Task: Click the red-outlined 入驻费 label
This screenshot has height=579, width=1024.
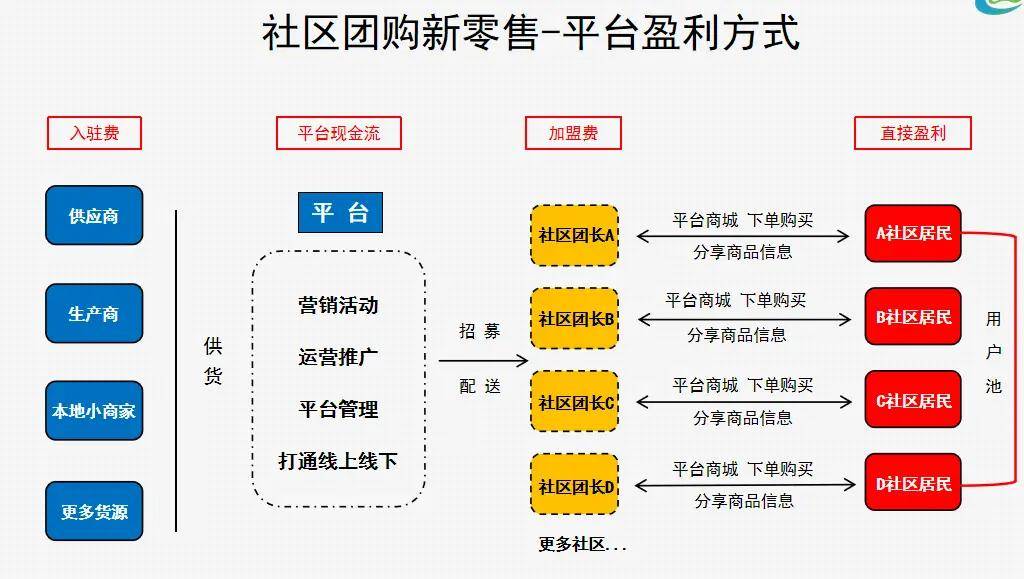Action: coord(94,133)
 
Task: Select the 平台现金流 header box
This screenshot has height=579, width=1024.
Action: coord(339,133)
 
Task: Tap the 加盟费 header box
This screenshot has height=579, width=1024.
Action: coord(573,133)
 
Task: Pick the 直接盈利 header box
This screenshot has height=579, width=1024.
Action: coord(912,133)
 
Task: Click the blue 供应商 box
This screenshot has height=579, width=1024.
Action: coord(94,215)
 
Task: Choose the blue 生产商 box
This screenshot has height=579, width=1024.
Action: coord(94,313)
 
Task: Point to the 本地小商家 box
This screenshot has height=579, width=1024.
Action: coord(94,410)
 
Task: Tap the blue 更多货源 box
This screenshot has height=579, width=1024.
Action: coord(94,511)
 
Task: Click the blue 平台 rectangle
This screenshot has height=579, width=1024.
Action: coord(340,212)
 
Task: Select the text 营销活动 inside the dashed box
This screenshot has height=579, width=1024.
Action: coord(338,305)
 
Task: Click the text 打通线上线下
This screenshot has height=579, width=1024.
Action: coord(338,461)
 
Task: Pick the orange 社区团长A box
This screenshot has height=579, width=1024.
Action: coord(575,235)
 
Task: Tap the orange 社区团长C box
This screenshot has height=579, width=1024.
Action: coord(575,402)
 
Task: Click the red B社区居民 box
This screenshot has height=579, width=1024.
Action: coord(913,317)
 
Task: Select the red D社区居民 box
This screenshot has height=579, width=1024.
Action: coord(913,484)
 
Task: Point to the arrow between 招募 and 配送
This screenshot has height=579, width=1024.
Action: coord(483,360)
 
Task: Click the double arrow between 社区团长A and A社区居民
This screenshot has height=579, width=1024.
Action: coord(743,237)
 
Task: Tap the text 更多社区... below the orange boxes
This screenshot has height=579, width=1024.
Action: coord(582,545)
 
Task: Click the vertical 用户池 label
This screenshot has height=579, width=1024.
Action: coord(993,352)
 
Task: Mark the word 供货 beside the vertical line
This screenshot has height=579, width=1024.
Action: coord(213,361)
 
